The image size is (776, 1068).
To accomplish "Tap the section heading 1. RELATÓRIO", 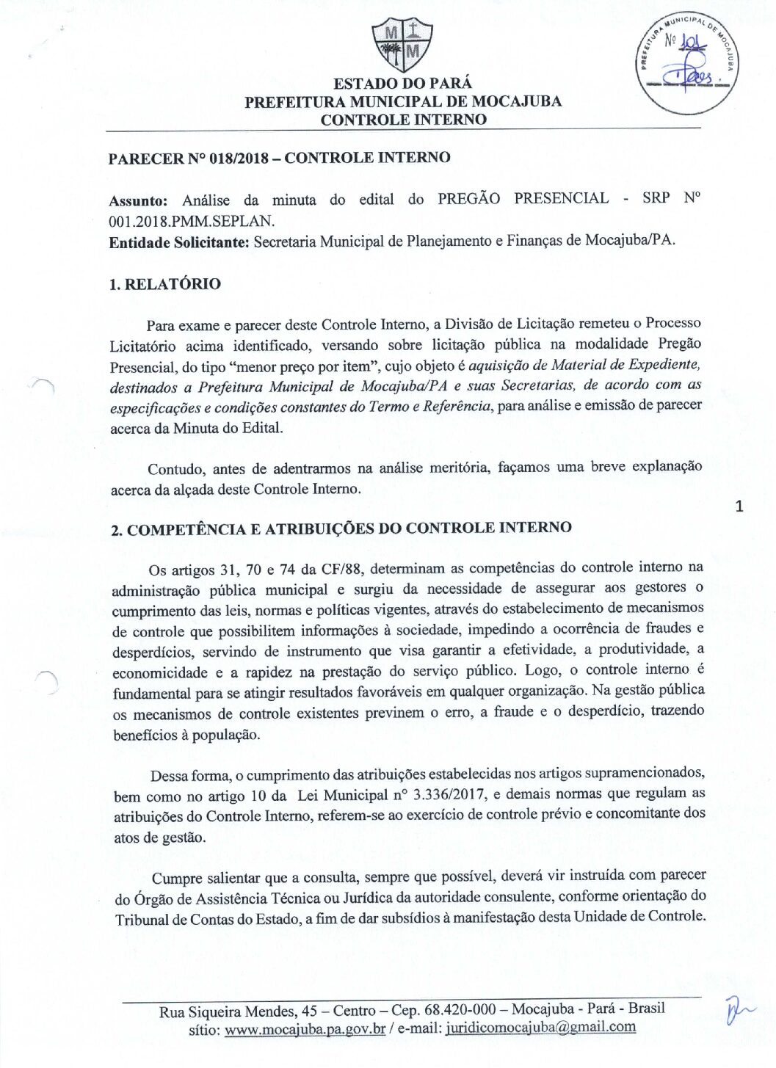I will [164, 284].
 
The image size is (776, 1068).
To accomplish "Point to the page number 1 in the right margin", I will [739, 506].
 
